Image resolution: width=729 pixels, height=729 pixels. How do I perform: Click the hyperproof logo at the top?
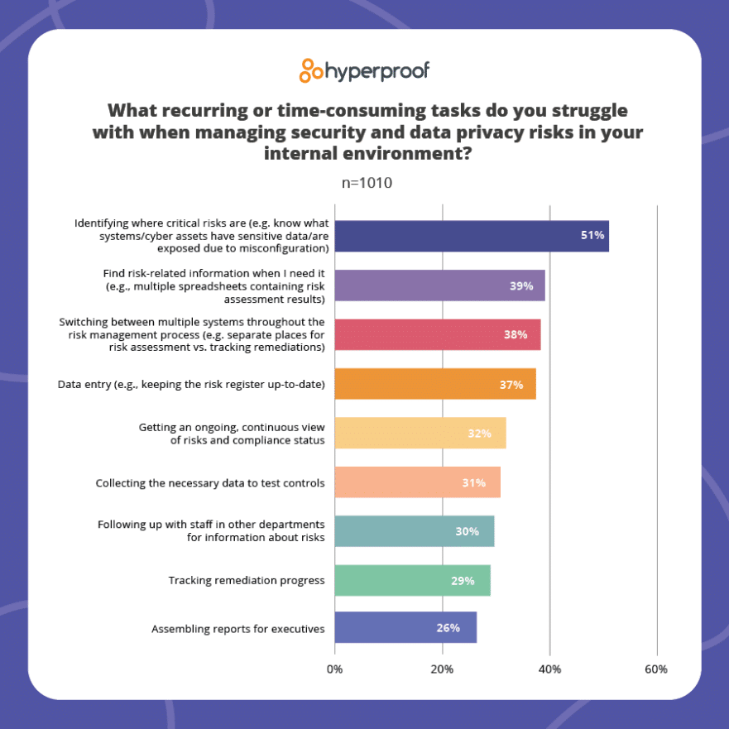pyautogui.click(x=364, y=70)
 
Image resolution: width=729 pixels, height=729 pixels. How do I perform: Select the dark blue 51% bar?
pyautogui.click(x=472, y=236)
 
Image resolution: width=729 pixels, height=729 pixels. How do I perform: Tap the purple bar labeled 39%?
pyautogui.click(x=439, y=285)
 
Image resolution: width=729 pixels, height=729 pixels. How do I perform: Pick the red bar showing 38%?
pyautogui.click(x=437, y=334)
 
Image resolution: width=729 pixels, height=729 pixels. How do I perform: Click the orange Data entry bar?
pyautogui.click(x=434, y=384)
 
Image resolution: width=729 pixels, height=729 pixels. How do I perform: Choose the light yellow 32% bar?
pyautogui.click(x=420, y=433)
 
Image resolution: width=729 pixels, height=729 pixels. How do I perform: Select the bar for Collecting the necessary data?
pyautogui.click(x=417, y=482)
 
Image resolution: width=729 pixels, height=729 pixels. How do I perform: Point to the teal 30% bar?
pyautogui.click(x=414, y=531)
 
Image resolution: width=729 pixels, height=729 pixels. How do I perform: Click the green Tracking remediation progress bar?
pyautogui.click(x=412, y=580)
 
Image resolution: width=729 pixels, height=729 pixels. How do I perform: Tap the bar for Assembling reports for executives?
pyautogui.click(x=405, y=628)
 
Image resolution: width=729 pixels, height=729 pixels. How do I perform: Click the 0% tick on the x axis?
pyautogui.click(x=335, y=669)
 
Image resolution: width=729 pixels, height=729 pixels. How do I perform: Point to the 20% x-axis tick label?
pyautogui.click(x=442, y=669)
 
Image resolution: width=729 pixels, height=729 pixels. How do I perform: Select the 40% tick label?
pyautogui.click(x=549, y=669)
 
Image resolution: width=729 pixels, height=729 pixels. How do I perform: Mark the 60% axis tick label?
pyautogui.click(x=656, y=669)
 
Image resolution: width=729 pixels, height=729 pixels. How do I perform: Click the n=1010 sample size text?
pyautogui.click(x=364, y=183)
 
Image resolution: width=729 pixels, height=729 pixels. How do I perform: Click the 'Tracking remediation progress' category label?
pyautogui.click(x=246, y=580)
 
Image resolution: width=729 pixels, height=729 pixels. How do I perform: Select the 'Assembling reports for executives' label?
pyautogui.click(x=237, y=629)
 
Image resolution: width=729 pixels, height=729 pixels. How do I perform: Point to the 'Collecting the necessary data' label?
pyautogui.click(x=209, y=482)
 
